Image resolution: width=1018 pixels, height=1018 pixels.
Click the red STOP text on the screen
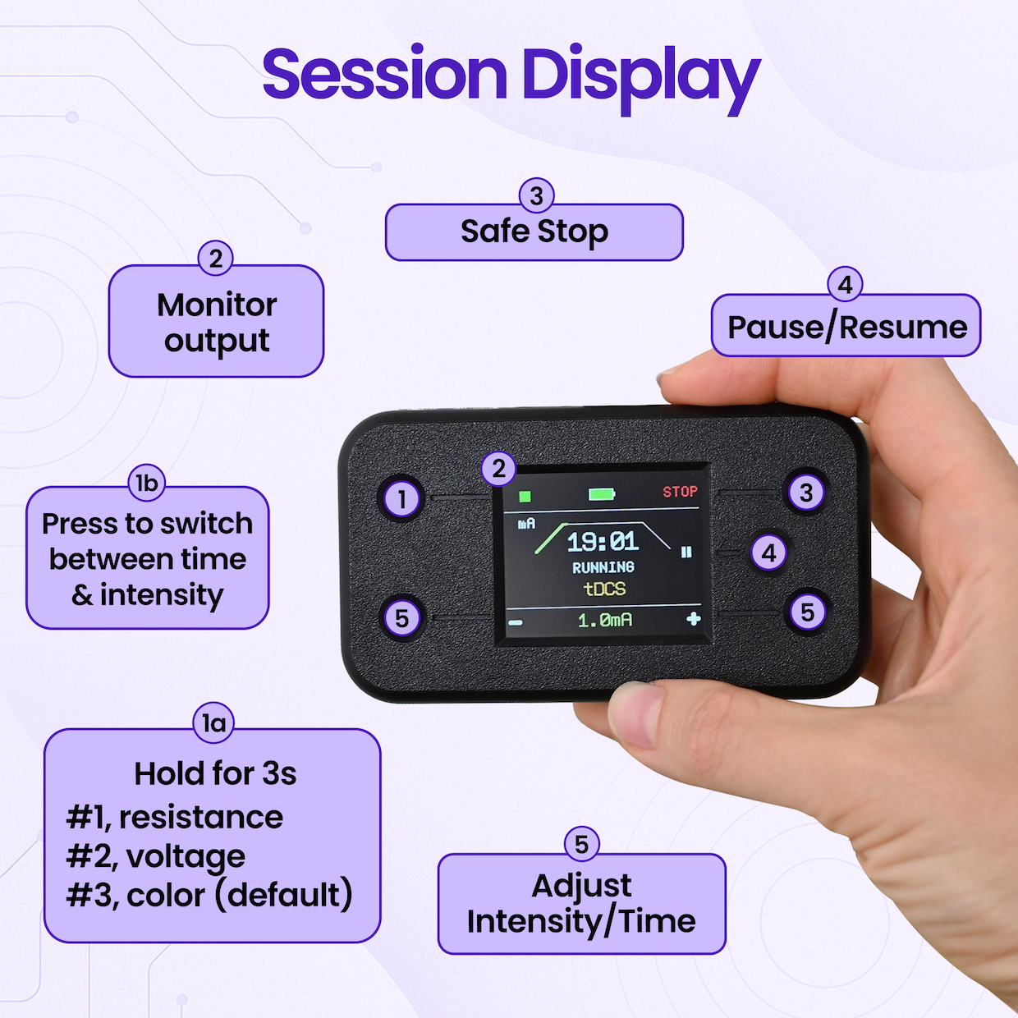(680, 492)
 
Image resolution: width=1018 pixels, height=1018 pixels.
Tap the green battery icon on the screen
(602, 494)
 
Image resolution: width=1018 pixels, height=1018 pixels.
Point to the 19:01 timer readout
(603, 542)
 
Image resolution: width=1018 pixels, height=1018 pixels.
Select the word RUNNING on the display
(603, 567)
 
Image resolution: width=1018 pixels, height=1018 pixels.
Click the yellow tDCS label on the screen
(604, 589)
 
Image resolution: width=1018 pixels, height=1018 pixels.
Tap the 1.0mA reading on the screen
(604, 620)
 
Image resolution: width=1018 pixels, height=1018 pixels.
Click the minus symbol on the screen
(515, 623)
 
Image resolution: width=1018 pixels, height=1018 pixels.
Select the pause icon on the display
(686, 552)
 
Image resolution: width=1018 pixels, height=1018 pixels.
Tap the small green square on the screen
(525, 496)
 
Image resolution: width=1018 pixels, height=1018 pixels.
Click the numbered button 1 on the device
(401, 498)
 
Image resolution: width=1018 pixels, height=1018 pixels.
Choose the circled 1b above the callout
(146, 483)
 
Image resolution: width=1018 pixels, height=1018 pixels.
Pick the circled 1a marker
(213, 723)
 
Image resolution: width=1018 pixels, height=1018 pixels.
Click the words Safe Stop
(534, 232)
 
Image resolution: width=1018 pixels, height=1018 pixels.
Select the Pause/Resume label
(847, 327)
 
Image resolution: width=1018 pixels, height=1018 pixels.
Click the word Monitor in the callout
(217, 305)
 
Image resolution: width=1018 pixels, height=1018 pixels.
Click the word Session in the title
(384, 72)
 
